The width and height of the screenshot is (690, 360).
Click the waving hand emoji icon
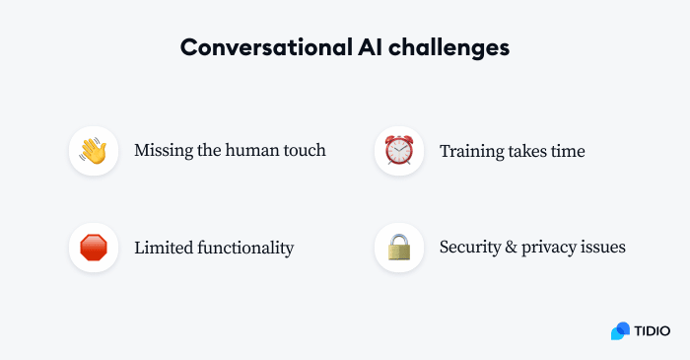[x=94, y=152]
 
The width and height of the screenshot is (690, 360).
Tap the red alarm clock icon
[x=399, y=152]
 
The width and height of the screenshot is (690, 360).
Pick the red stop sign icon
[x=94, y=248]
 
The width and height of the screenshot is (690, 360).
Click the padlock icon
[x=399, y=248]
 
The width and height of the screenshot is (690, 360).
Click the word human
[x=261, y=152]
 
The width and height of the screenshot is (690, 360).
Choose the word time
[x=567, y=152]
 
